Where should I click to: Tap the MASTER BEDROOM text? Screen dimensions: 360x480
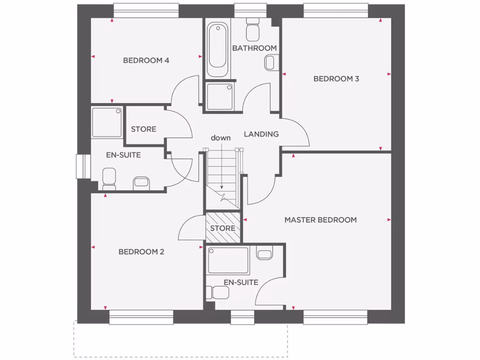coord(321,220)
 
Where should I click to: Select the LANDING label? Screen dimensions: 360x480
coord(261,134)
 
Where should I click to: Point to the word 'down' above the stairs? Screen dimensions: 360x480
coord(220,138)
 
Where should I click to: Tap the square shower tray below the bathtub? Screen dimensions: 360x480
coord(220,97)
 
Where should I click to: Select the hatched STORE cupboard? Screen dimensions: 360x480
coord(223,228)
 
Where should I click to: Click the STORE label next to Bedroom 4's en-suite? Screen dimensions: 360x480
coord(143,129)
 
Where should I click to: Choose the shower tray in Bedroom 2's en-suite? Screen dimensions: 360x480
coord(107,122)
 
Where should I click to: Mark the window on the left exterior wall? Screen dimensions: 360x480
coord(82,167)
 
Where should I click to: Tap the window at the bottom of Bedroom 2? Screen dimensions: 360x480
coord(141,317)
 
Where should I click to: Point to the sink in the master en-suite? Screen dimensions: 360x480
coord(265,255)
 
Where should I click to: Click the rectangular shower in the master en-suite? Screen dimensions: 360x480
coord(228,261)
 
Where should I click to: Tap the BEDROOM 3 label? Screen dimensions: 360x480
coord(336,79)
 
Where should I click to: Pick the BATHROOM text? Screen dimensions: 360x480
coord(255,48)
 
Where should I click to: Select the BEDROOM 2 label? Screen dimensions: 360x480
coord(141,252)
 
